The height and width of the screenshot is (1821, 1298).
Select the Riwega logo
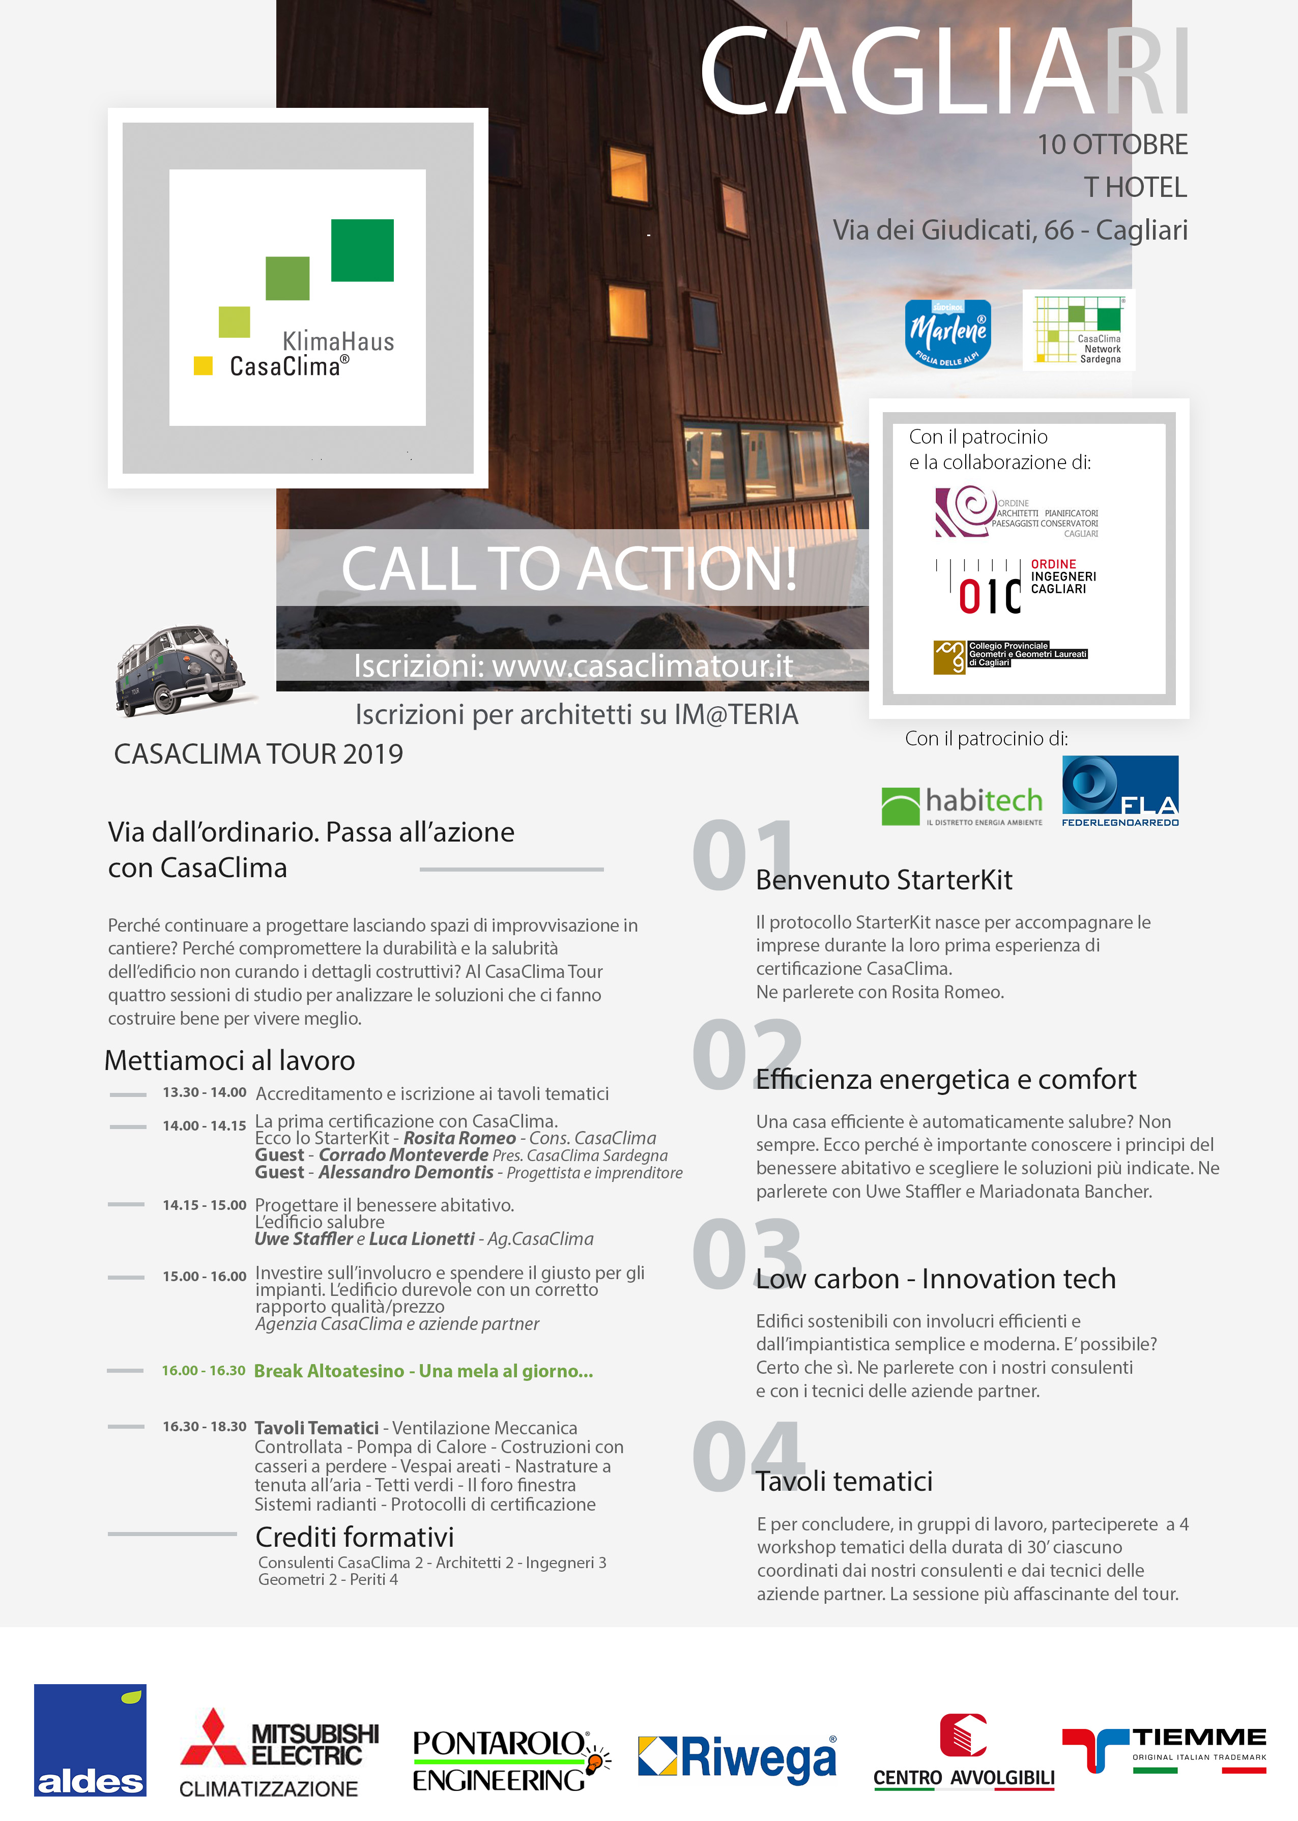click(737, 1757)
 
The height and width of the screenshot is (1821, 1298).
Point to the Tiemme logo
click(1164, 1750)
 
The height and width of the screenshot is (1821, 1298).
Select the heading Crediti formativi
click(354, 1537)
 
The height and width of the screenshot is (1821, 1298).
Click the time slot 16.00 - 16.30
click(204, 1370)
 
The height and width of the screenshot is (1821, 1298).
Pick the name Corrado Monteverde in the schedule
click(403, 1154)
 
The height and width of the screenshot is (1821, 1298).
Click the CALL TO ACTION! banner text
click(569, 568)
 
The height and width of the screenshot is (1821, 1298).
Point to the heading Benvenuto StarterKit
click(884, 880)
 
